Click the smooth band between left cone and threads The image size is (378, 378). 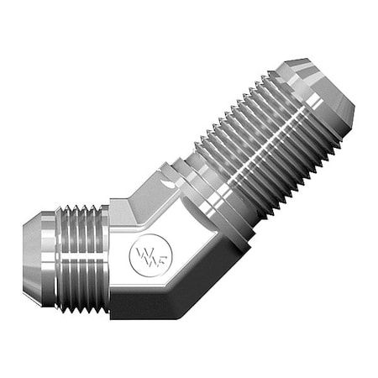(x=58, y=252)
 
